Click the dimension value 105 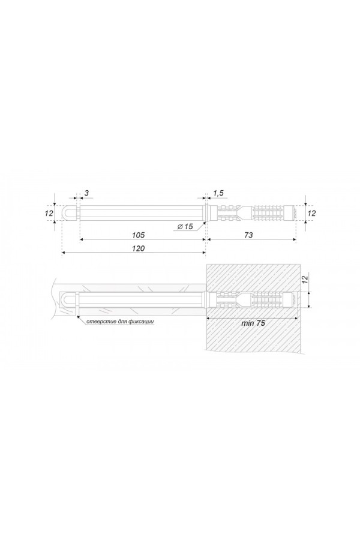pos(139,235)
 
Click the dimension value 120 pos(139,248)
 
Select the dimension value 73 pos(248,235)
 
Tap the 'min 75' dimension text pos(253,323)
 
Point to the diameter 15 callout pos(185,226)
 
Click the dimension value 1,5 pos(218,193)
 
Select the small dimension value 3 pos(86,193)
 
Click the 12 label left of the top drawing pos(49,213)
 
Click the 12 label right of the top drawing pos(311,213)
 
